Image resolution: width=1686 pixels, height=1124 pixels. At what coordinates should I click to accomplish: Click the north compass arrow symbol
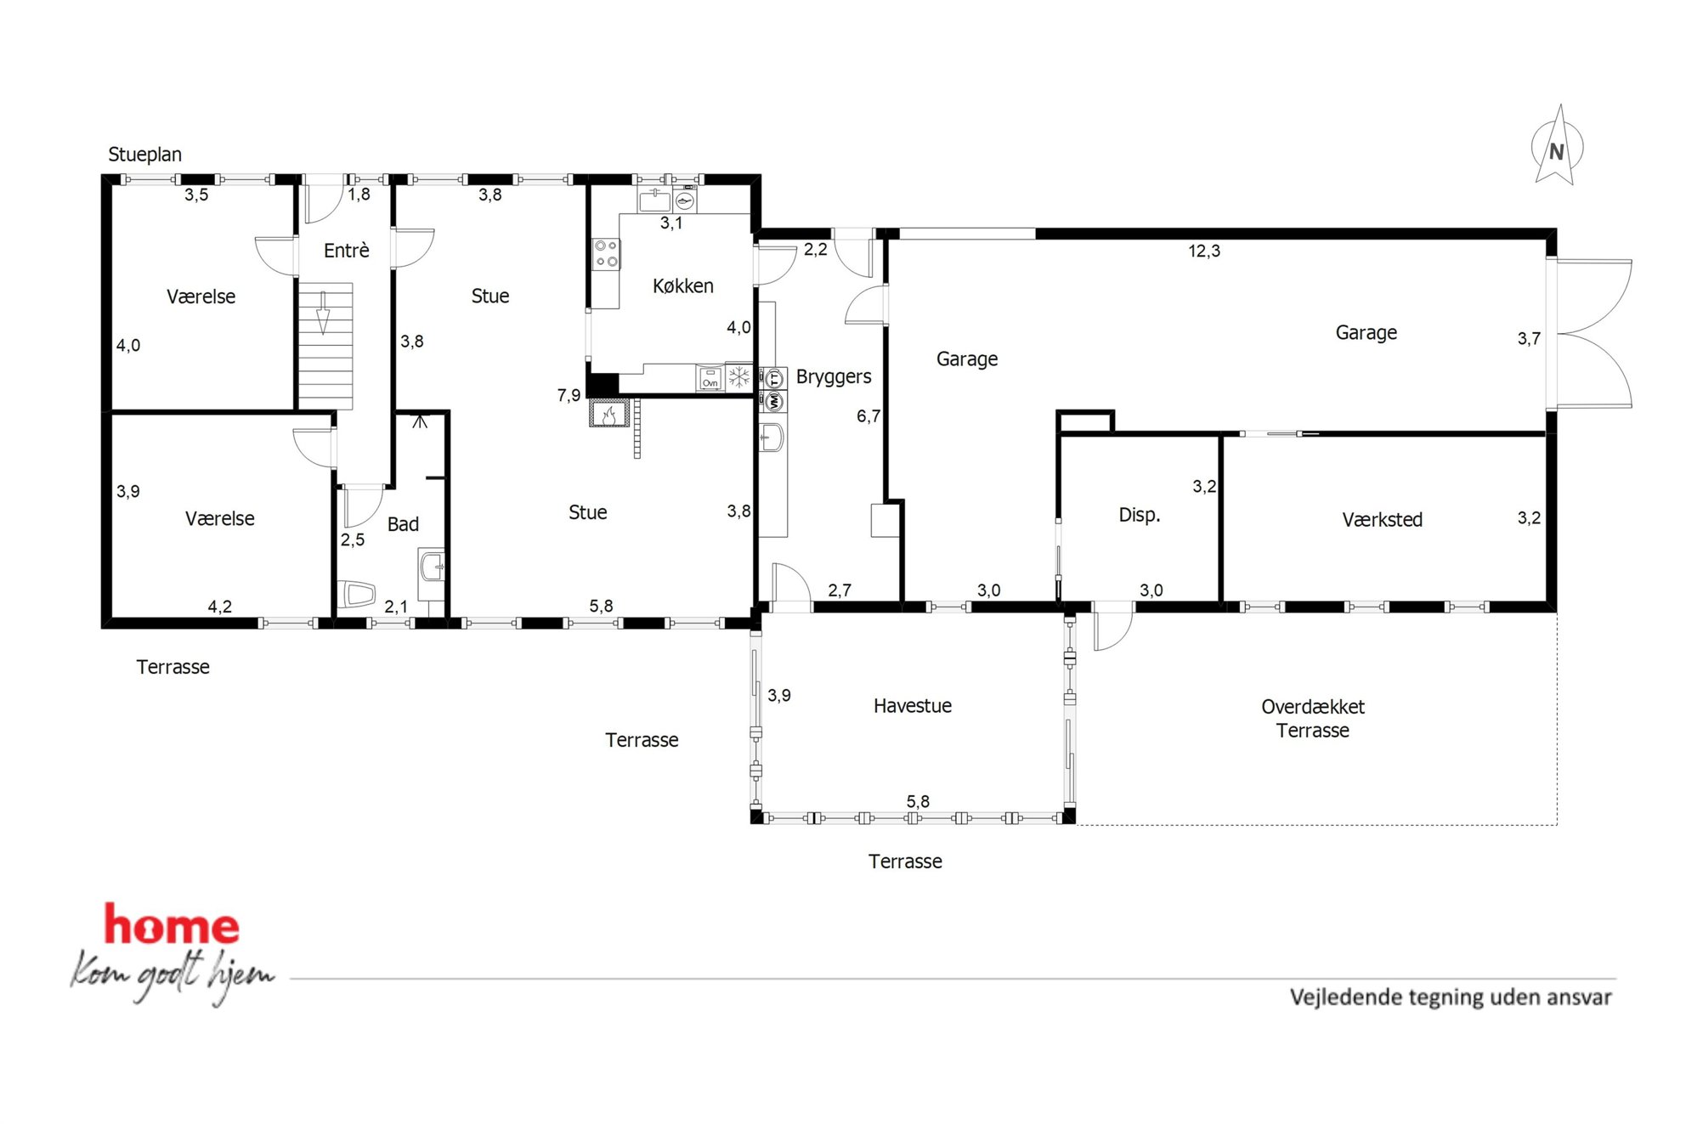pos(1557,145)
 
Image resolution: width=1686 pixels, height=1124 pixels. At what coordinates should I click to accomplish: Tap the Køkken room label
pos(682,286)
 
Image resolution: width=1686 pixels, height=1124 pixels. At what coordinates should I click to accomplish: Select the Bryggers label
pos(834,377)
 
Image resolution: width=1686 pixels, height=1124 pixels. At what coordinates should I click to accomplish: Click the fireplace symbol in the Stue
pos(609,415)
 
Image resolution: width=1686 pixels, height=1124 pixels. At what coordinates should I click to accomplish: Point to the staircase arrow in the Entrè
pos(323,313)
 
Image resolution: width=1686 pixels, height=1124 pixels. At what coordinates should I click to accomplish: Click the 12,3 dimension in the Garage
pos(1204,251)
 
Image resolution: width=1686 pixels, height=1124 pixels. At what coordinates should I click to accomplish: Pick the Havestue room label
pos(912,706)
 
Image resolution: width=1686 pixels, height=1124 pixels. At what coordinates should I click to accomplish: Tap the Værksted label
pos(1382,520)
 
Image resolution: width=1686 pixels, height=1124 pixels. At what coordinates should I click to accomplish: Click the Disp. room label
pos(1139,515)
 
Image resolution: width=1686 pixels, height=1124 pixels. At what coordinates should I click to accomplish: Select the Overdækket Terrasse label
pos(1312,719)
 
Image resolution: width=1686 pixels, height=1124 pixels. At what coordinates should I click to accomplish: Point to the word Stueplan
pos(144,155)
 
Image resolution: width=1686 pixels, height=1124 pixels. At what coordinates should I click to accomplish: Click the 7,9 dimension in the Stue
pos(569,395)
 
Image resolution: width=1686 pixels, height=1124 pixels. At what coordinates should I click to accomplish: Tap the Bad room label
pos(403,524)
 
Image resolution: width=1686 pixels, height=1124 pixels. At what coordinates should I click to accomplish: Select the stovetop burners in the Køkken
pos(606,253)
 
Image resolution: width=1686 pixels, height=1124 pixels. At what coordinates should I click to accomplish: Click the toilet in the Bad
pos(357,594)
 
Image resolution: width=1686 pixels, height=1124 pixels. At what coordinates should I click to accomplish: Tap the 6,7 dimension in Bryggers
pos(868,416)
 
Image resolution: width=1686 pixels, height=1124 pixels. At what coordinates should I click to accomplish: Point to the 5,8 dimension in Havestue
pos(918,802)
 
